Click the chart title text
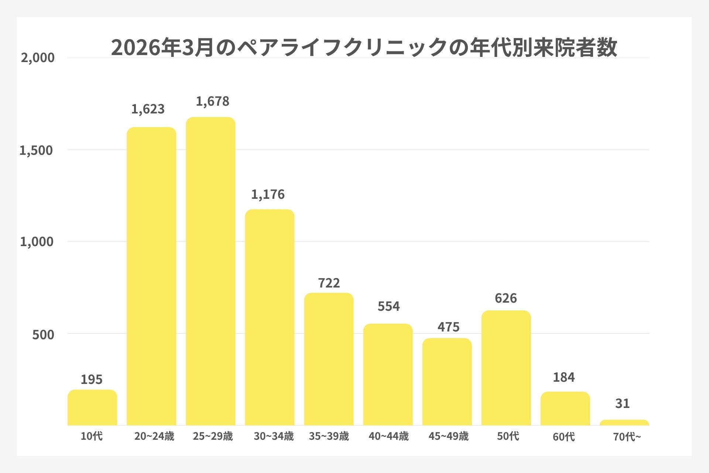click(364, 48)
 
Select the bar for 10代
click(92, 408)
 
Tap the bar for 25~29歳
click(210, 272)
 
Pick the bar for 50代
click(506, 368)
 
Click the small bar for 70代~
click(624, 423)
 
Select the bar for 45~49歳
click(447, 382)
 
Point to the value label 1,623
click(148, 109)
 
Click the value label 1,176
click(268, 194)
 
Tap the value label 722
click(329, 283)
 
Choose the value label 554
click(388, 306)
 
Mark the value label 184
click(564, 377)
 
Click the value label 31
click(622, 404)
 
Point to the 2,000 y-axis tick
click(38, 58)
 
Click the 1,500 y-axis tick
click(36, 150)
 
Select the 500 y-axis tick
click(43, 335)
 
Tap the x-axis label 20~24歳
click(154, 436)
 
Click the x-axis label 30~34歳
click(273, 436)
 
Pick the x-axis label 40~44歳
click(388, 436)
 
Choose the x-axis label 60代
click(564, 437)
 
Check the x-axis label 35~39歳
click(329, 436)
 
